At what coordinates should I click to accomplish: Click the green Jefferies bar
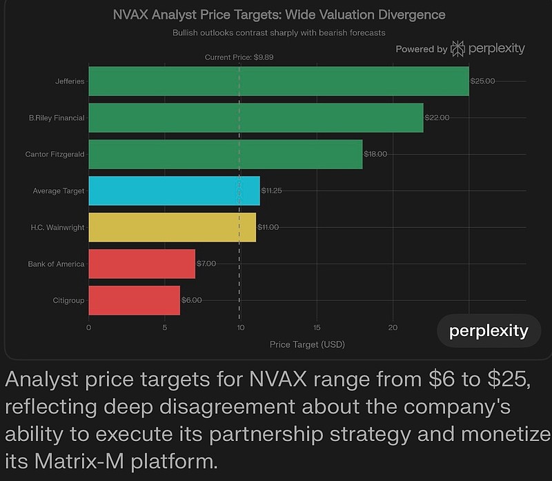(279, 81)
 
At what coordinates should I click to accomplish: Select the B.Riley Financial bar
(256, 118)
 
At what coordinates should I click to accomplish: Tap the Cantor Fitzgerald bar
(226, 155)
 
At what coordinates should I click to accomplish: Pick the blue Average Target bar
(175, 190)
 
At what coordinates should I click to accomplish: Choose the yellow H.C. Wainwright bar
(172, 227)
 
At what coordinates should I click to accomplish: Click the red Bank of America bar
(142, 264)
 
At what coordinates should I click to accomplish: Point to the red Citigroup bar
(135, 300)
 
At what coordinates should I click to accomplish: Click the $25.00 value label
(482, 81)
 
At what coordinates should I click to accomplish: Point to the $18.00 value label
(375, 155)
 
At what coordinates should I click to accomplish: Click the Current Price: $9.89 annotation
(239, 57)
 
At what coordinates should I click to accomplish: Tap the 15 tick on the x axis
(317, 328)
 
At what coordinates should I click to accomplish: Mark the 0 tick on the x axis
(89, 328)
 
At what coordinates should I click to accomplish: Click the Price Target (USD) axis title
(307, 344)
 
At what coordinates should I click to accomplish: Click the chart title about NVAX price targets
(279, 14)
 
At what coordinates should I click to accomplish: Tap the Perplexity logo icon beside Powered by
(457, 48)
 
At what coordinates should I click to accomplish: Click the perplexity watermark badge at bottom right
(489, 331)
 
